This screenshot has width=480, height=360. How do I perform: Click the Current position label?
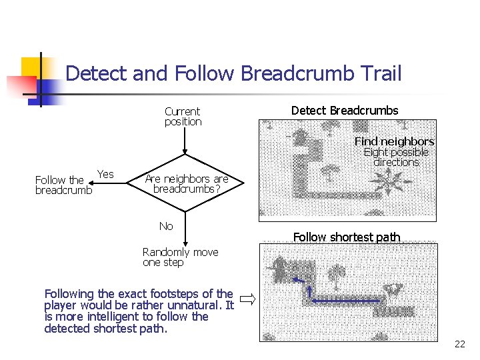(x=183, y=117)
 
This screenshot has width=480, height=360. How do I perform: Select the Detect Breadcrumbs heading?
(x=345, y=111)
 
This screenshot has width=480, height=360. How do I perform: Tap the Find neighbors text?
(x=394, y=141)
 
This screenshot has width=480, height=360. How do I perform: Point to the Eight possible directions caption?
(x=396, y=157)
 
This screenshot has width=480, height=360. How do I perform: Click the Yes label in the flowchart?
(x=105, y=175)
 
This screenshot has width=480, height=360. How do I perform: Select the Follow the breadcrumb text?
(x=63, y=185)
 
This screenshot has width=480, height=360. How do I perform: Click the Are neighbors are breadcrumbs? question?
(x=187, y=184)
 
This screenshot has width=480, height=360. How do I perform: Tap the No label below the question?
(x=166, y=227)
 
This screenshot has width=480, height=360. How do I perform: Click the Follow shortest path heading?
(x=347, y=237)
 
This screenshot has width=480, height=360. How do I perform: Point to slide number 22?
(x=459, y=344)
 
